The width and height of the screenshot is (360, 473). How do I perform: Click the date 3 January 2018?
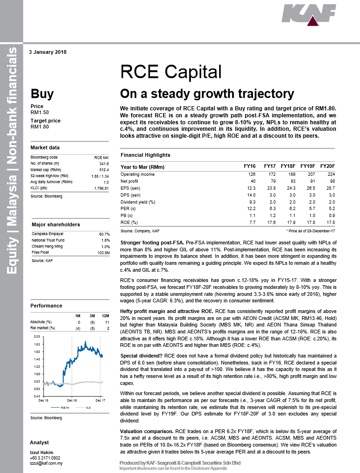(x=48, y=52)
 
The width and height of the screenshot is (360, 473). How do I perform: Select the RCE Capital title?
(x=171, y=72)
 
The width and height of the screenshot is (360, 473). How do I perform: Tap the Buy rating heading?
(x=42, y=94)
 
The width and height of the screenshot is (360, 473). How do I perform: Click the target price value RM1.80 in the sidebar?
(x=39, y=126)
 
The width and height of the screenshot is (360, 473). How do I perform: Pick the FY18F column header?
(x=288, y=166)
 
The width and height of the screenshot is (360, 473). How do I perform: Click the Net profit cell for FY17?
(x=270, y=181)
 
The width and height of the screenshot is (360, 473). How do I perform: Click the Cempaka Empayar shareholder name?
(x=47, y=234)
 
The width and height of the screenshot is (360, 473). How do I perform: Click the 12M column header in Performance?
(x=105, y=316)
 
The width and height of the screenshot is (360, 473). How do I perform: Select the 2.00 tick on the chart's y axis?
(x=37, y=336)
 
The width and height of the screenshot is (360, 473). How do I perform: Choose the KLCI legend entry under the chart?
(x=88, y=407)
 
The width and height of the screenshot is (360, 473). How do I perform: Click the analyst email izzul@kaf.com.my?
(x=46, y=463)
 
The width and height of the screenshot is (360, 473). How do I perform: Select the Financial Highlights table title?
(x=145, y=155)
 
